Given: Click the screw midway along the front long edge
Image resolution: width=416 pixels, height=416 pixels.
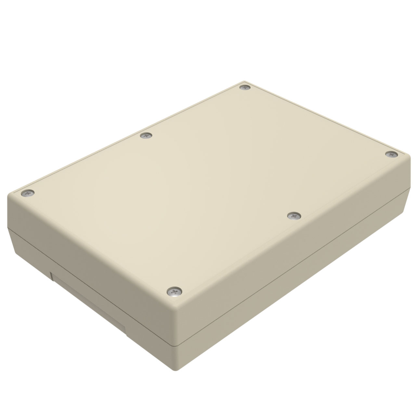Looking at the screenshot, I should [294, 215].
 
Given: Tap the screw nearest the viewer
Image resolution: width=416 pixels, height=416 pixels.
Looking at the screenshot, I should [175, 291].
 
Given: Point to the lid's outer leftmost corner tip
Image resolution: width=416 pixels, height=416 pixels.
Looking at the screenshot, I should [8, 195].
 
